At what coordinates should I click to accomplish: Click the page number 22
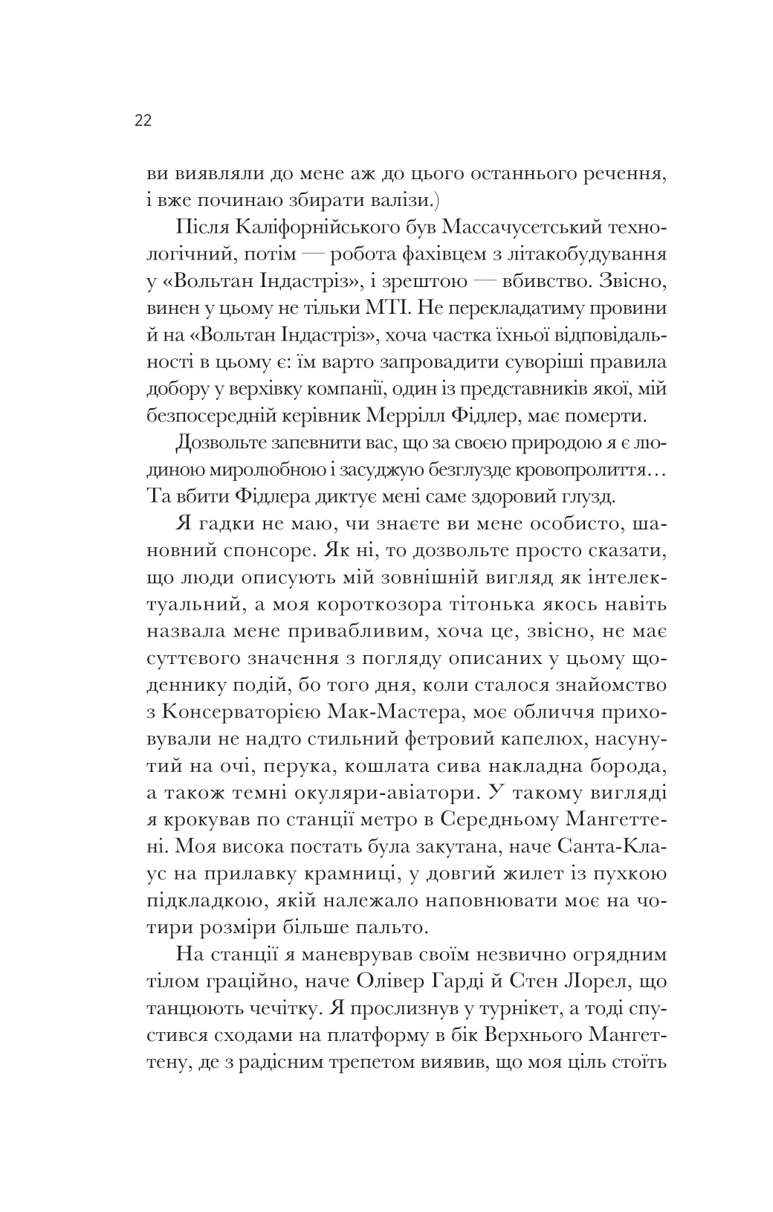click(x=143, y=121)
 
